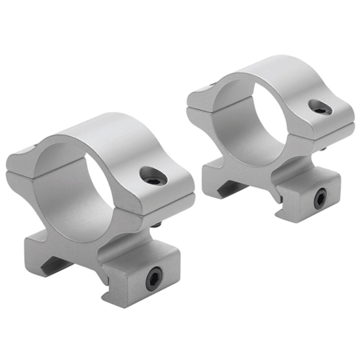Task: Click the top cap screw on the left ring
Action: click(x=154, y=175)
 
